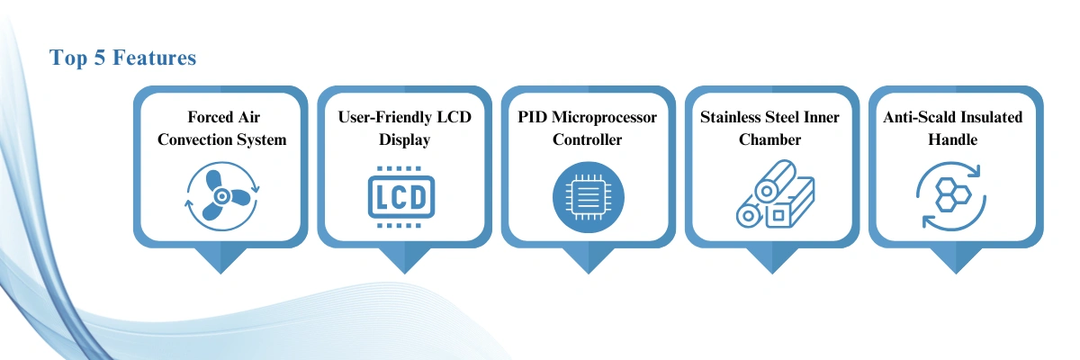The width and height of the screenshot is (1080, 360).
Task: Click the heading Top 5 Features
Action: pos(122,58)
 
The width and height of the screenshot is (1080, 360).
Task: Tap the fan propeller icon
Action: pos(221,196)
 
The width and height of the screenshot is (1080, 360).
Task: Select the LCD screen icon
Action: pos(401,197)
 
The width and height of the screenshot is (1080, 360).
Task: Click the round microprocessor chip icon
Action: pos(589,197)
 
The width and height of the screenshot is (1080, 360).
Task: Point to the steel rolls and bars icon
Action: pos(775,194)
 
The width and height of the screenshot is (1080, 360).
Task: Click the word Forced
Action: pos(204,117)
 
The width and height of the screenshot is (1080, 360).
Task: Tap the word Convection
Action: pos(188,139)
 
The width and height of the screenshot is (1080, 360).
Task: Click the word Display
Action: pos(404,140)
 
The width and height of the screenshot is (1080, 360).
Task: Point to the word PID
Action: pos(532,117)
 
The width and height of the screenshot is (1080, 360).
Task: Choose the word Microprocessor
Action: pos(604,118)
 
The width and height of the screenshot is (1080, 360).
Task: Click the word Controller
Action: pos(587,139)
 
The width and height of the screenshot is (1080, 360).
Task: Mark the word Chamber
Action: pos(770,139)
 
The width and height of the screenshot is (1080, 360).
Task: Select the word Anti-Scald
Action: pos(917,117)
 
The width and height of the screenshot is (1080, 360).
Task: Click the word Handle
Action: pos(953,139)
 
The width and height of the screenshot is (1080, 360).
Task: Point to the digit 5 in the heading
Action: pos(99,58)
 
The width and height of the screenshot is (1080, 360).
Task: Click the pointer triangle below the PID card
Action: pos(589,261)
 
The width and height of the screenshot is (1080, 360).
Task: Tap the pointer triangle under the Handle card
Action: pos(956,261)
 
